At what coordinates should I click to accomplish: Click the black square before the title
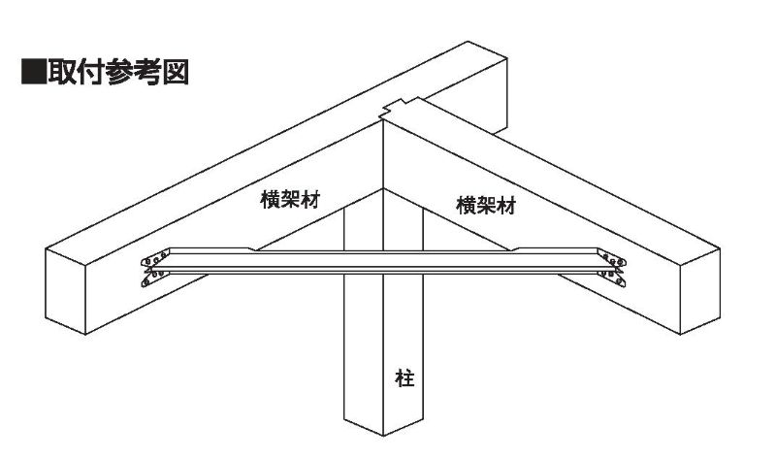click(32, 73)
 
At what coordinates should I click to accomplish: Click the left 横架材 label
click(291, 198)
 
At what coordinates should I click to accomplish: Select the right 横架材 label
click(484, 205)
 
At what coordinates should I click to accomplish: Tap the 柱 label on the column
click(404, 377)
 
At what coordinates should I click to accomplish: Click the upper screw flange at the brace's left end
click(154, 261)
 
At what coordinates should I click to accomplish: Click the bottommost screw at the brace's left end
click(145, 285)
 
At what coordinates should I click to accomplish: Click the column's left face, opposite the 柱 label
click(364, 369)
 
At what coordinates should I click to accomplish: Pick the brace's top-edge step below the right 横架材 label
click(515, 249)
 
